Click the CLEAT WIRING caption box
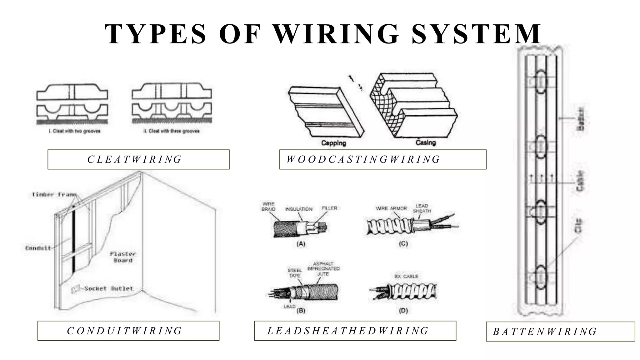tap(138, 159)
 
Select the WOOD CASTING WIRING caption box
tap(382, 159)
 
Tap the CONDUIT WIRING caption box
tap(128, 331)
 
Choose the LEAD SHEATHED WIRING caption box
tap(355, 331)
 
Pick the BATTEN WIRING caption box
tap(560, 331)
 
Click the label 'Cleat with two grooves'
tap(75, 131)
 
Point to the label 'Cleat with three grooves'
tap(171, 131)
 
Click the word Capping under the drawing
tap(333, 143)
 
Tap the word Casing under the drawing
tap(426, 142)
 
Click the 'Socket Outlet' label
tap(109, 288)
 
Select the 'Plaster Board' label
tap(123, 257)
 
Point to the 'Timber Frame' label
tap(54, 194)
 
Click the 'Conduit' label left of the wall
tap(38, 248)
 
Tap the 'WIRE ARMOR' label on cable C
tap(391, 208)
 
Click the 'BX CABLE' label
tap(406, 277)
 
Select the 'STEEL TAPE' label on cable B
tap(295, 273)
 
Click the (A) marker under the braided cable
tap(301, 244)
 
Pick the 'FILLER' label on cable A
tap(329, 208)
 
